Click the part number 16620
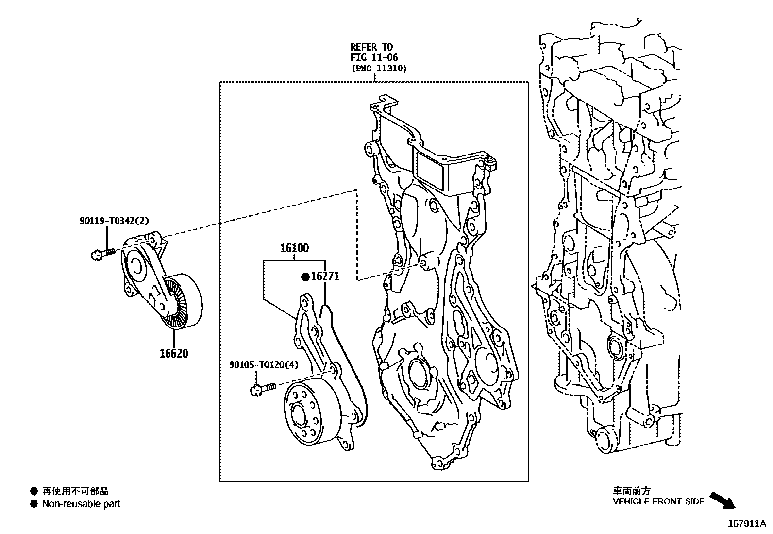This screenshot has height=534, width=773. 173,353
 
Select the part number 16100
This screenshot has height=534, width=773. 294,248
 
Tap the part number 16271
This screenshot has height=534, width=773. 325,276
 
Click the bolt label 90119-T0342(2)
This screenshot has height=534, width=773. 114,221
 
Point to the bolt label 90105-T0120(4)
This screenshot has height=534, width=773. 264,364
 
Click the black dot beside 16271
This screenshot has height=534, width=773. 305,277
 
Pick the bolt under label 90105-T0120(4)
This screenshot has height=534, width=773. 263,388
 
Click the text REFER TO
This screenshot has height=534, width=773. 371,47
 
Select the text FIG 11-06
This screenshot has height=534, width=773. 374,57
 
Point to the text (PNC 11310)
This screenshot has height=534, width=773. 379,69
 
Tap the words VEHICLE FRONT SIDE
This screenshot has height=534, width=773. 658,501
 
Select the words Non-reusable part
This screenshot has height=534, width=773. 81,504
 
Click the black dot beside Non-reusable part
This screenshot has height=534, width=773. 34,504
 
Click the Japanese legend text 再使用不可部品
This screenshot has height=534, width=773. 75,491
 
